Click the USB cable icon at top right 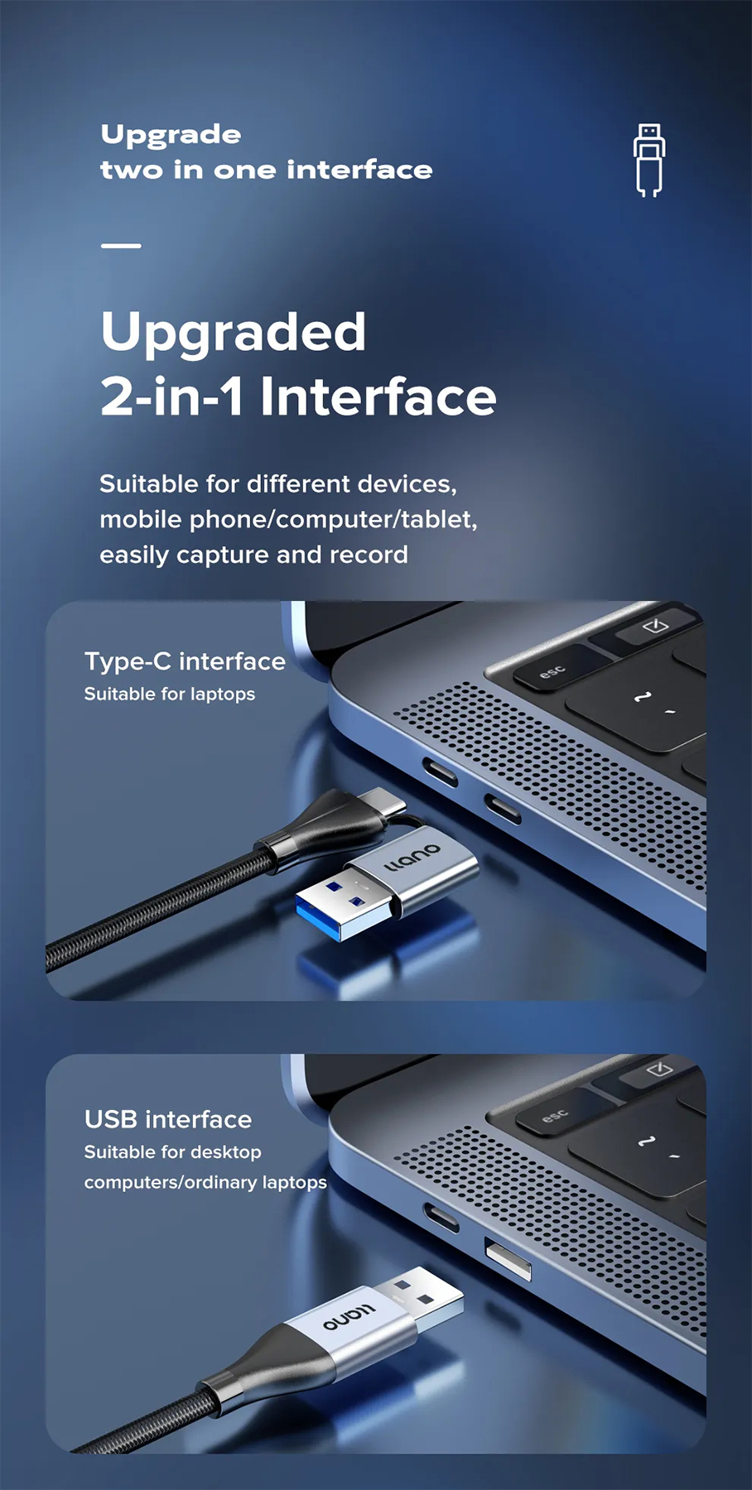coord(649,160)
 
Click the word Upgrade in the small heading coord(171,135)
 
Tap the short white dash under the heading coord(121,246)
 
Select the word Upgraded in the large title coord(233,333)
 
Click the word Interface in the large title coord(378,397)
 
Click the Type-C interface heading coord(185,661)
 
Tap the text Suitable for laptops coord(170,694)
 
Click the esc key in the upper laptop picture coord(552,671)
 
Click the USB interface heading coord(168,1119)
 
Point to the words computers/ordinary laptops coord(205,1182)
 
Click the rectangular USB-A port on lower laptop coord(507,1259)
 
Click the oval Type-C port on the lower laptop coord(441,1218)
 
